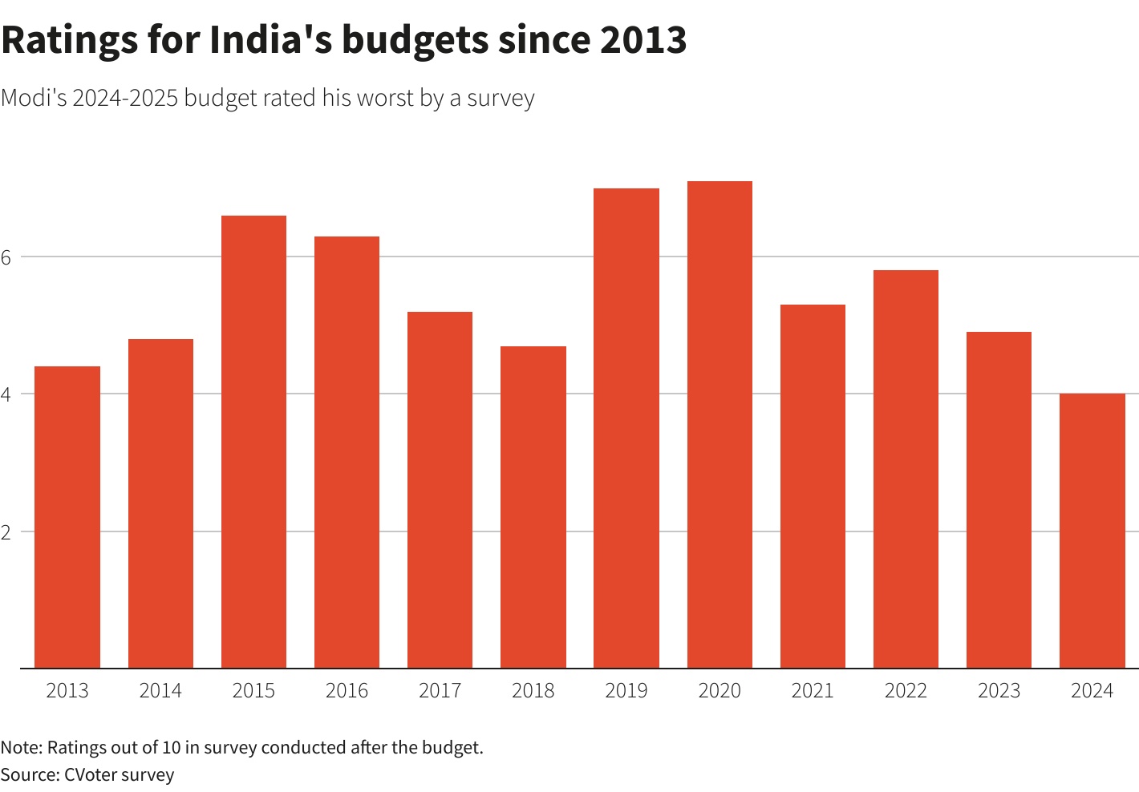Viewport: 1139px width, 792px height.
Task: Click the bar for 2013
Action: click(x=67, y=517)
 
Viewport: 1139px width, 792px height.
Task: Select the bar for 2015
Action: click(x=253, y=442)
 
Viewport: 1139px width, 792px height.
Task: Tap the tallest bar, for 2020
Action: click(x=719, y=425)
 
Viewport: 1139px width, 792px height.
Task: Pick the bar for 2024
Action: click(x=1092, y=531)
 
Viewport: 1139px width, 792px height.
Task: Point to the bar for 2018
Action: click(x=533, y=507)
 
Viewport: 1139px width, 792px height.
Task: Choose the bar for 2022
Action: click(x=906, y=469)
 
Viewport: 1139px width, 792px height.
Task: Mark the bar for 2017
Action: click(x=440, y=490)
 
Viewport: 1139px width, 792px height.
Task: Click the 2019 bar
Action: click(x=626, y=428)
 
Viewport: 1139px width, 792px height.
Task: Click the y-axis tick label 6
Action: click(x=6, y=257)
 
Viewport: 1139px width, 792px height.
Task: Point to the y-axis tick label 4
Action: click(x=6, y=394)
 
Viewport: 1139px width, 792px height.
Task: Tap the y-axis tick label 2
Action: click(x=6, y=532)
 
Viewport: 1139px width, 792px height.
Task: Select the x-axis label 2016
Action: click(x=347, y=691)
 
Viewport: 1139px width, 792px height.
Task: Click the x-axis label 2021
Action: click(x=813, y=691)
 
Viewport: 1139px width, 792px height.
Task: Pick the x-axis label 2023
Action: click(x=999, y=691)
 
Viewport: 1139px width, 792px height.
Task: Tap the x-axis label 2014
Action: click(x=160, y=691)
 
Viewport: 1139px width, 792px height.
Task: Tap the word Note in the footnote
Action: click(x=20, y=748)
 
